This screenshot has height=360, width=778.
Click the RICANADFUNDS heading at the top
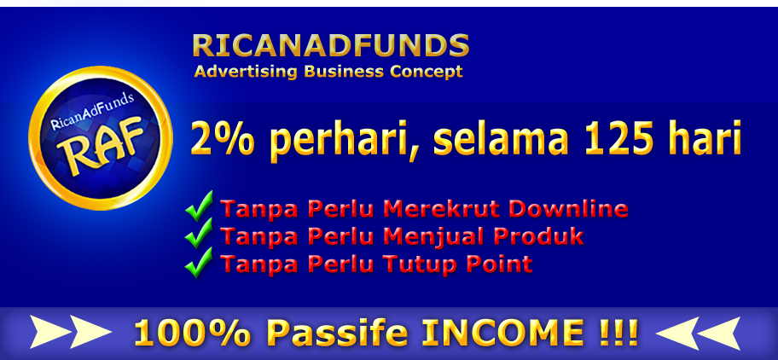coord(330,45)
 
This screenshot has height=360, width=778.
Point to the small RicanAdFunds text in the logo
coord(92,111)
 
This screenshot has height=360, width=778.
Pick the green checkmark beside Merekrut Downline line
coord(199,206)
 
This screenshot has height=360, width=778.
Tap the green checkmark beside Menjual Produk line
coord(199,234)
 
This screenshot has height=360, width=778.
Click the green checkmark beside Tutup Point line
coord(199,262)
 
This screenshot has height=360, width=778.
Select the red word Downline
coord(569,209)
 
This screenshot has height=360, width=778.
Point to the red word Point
coord(500,264)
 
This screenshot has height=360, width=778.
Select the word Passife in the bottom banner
coord(336,332)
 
